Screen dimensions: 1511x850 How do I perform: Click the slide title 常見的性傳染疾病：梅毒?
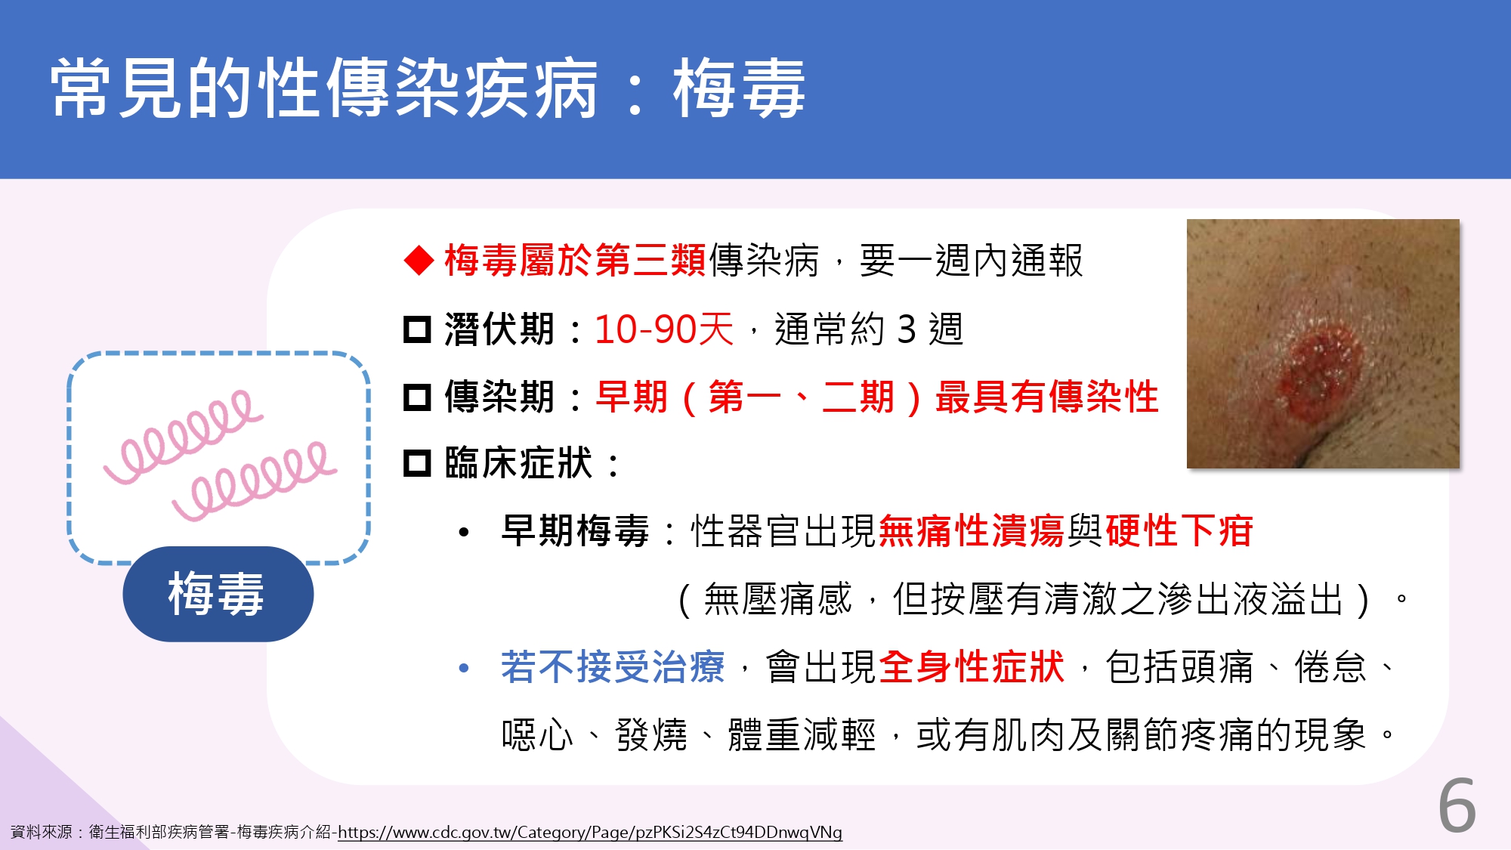click(x=428, y=88)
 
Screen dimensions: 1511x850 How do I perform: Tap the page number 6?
click(x=1457, y=805)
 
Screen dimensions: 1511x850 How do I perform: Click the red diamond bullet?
click(x=419, y=261)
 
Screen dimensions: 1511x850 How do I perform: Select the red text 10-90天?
click(x=664, y=329)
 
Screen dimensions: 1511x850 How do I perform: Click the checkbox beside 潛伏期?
click(x=417, y=329)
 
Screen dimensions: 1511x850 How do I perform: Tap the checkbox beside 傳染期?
click(x=417, y=397)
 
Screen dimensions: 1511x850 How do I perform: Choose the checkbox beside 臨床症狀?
click(x=417, y=463)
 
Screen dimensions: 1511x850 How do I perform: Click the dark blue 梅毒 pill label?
click(x=218, y=594)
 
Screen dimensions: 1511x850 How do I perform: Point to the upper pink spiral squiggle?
click(x=184, y=436)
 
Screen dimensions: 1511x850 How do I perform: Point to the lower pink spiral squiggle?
click(x=254, y=481)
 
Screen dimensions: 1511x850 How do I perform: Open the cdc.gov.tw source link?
click(x=589, y=832)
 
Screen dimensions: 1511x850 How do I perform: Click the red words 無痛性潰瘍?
click(x=972, y=530)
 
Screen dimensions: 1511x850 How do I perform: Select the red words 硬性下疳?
click(x=1179, y=530)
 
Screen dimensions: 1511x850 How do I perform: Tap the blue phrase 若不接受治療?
click(x=613, y=667)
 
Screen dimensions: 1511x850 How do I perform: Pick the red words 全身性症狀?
click(x=972, y=667)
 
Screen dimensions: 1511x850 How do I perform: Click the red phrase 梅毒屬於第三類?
click(x=575, y=261)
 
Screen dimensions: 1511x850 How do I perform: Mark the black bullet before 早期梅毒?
click(x=464, y=533)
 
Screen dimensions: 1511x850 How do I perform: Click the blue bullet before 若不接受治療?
click(x=464, y=669)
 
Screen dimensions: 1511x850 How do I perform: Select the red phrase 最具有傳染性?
click(x=1046, y=397)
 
